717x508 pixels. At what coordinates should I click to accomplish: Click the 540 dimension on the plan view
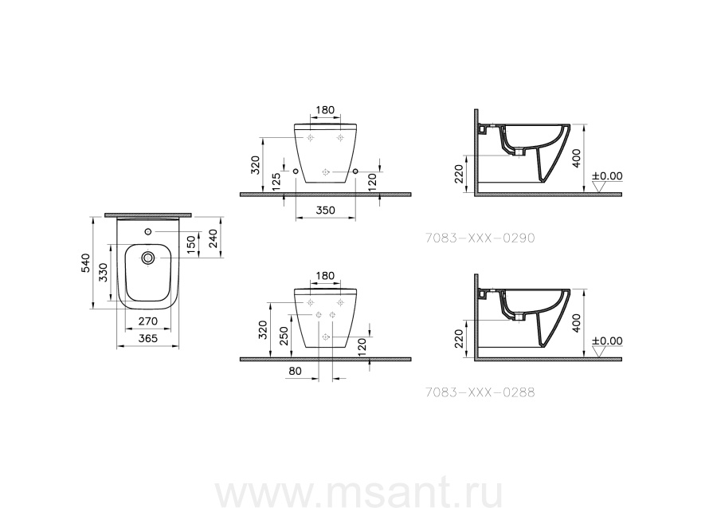[86, 263]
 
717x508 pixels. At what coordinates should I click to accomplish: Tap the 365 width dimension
[148, 338]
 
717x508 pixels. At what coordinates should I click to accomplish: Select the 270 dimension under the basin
[148, 321]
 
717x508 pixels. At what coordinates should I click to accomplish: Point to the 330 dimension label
[103, 272]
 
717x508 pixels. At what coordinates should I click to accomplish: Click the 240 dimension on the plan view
[213, 238]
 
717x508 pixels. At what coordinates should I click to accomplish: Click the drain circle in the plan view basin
[147, 258]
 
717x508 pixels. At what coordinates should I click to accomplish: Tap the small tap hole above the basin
[147, 231]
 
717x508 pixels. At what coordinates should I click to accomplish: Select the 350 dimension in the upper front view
[326, 210]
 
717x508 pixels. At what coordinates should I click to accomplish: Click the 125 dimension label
[276, 182]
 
